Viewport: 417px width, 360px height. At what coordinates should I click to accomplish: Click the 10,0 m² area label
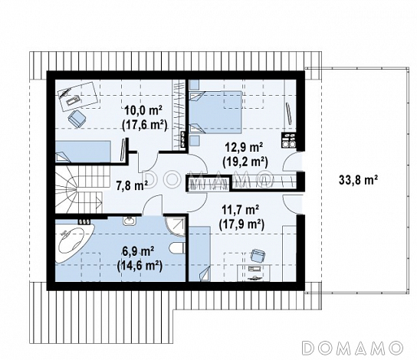pos(144,110)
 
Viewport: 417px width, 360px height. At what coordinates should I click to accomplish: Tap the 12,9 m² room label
pos(244,148)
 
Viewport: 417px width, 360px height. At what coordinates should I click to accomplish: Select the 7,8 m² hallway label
pos(132,185)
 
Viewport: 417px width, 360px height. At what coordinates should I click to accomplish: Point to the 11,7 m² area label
pos(241,211)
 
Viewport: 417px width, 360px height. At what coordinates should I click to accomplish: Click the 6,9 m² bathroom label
pos(138,251)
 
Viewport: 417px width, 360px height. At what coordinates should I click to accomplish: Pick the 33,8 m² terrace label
pos(359,181)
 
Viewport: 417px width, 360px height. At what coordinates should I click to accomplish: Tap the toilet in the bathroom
pos(177,248)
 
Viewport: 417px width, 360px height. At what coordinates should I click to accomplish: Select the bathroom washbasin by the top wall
pos(130,221)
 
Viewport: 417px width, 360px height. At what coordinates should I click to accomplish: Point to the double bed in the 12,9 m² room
pos(215,112)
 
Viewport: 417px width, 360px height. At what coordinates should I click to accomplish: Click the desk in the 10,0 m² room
pos(77,97)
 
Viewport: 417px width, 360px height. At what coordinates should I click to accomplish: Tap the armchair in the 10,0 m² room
pos(77,119)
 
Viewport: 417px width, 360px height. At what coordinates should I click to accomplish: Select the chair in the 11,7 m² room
pos(258,255)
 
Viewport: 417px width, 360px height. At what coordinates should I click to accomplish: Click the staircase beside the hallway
pos(80,188)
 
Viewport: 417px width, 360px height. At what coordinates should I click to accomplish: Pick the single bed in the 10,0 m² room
pos(83,152)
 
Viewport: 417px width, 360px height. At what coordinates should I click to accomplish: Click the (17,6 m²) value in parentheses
pos(144,125)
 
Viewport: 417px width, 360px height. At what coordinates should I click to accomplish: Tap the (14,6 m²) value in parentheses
pos(140,266)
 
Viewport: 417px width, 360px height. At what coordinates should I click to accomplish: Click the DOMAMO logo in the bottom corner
pos(353,347)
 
